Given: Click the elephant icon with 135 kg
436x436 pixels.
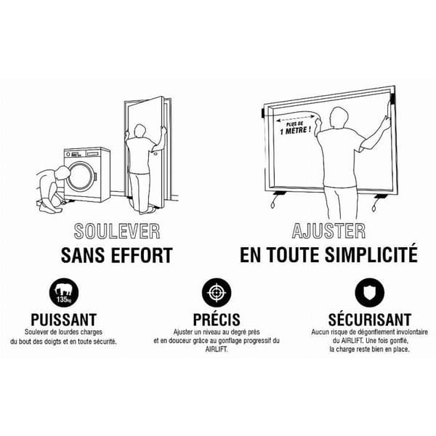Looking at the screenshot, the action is [64, 293].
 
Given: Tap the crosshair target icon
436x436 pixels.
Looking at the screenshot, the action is [217, 293].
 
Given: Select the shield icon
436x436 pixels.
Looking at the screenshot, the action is [370, 293].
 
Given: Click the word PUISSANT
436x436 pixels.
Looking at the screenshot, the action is [64, 320].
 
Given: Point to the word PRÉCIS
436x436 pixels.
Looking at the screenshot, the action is [217, 319].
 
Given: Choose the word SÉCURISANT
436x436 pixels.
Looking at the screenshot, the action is [370, 319].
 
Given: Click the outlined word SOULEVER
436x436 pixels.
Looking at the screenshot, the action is [117, 231].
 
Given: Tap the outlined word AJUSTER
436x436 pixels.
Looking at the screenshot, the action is [328, 231].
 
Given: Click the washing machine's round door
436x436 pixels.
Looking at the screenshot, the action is [81, 177].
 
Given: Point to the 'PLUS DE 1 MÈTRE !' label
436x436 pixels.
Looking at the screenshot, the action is [295, 128].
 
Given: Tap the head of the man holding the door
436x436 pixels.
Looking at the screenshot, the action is [140, 131].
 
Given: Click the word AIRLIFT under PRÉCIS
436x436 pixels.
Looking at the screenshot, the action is [217, 350].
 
